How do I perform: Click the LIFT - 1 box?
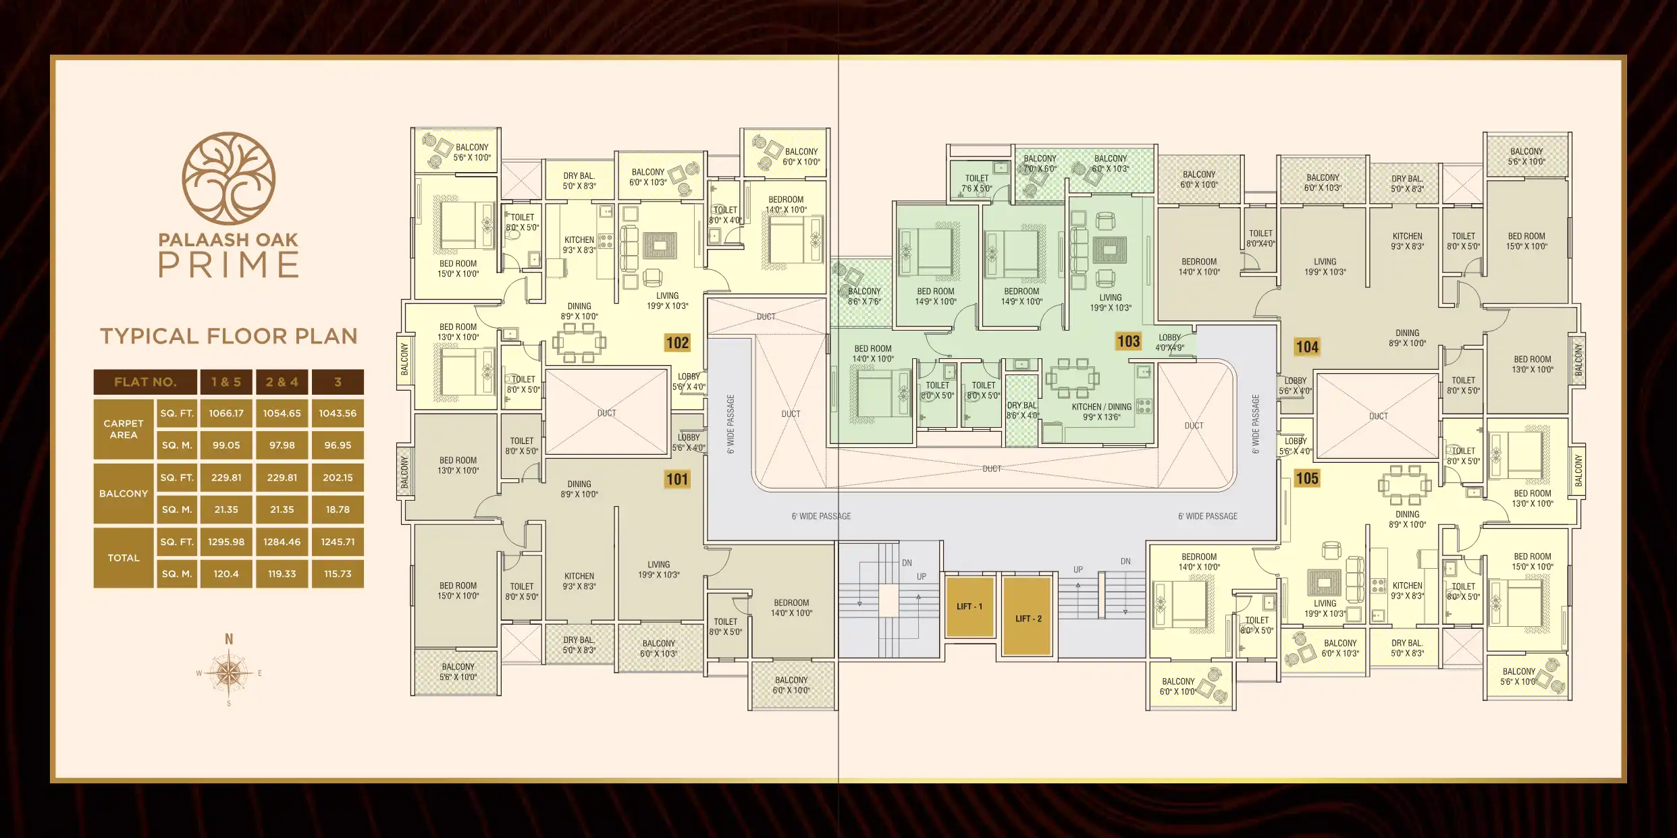click(x=969, y=606)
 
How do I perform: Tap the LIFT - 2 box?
click(x=1028, y=615)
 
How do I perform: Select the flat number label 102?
click(x=677, y=343)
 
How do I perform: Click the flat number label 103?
click(x=1128, y=341)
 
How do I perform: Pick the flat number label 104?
click(x=1306, y=347)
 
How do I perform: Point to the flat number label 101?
click(x=677, y=480)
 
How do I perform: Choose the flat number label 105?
click(x=1306, y=478)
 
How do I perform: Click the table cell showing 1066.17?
click(x=226, y=413)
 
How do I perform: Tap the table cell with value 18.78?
click(x=338, y=509)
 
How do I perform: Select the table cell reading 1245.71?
click(x=338, y=542)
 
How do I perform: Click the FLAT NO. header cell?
click(x=145, y=382)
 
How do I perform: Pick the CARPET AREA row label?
click(x=124, y=429)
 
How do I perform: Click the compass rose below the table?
click(x=230, y=672)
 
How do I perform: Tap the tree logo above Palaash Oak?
click(x=229, y=178)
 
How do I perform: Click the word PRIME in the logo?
click(x=229, y=265)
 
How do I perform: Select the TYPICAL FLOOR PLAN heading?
click(x=229, y=336)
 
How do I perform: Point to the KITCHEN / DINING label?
click(x=1101, y=407)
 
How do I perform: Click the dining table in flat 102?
click(x=579, y=342)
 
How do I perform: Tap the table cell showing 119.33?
click(x=282, y=574)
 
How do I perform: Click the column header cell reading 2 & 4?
click(x=282, y=382)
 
